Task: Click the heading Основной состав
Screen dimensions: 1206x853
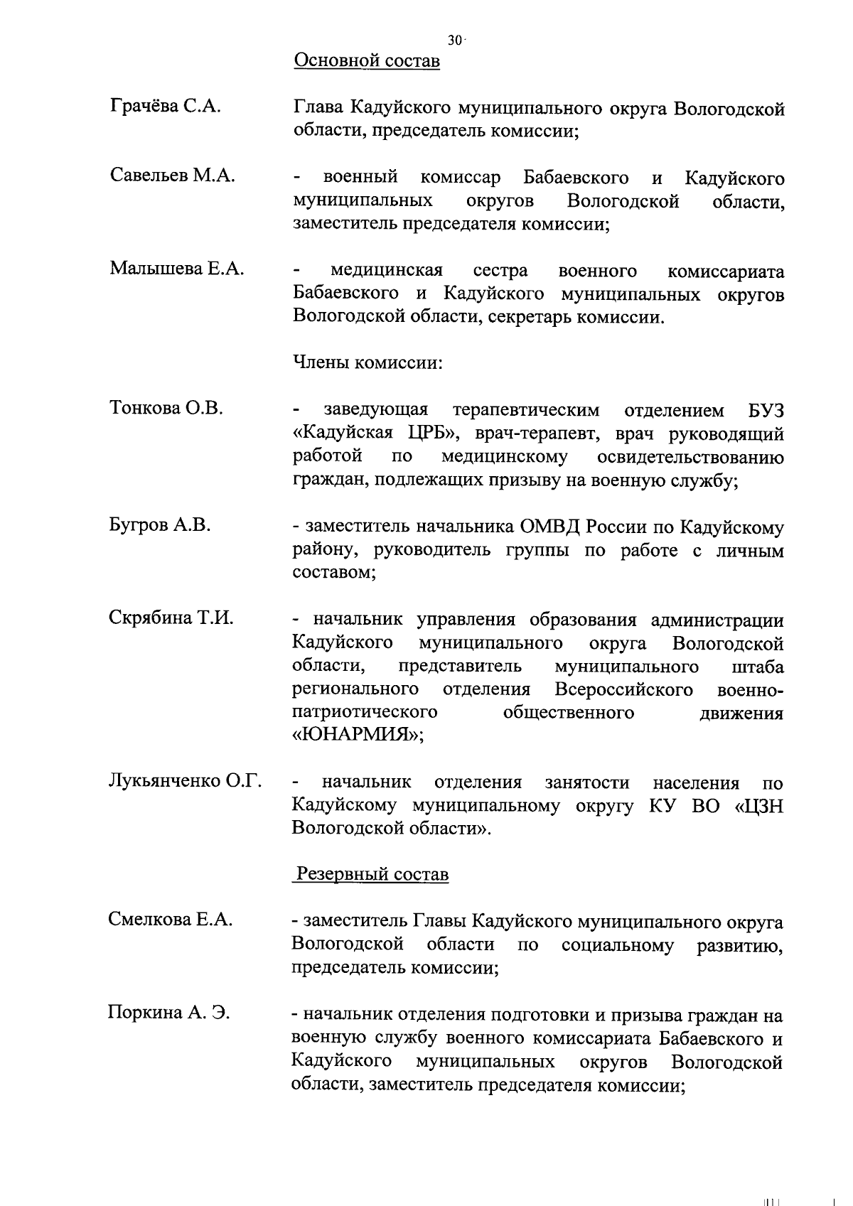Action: [x=367, y=61]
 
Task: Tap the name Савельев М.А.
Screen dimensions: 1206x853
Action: [x=172, y=176]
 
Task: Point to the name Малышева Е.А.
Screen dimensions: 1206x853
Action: [x=176, y=269]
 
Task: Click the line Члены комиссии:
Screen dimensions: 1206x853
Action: [x=368, y=362]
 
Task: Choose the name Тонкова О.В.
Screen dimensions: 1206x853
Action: [x=166, y=409]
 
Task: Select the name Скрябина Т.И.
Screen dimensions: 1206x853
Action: [x=171, y=618]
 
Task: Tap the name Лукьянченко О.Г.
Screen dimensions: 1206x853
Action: [x=185, y=781]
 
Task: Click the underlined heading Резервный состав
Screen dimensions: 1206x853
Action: [x=372, y=873]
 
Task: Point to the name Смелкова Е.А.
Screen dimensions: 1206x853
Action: [x=170, y=920]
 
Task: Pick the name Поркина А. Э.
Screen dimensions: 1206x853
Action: [x=168, y=1013]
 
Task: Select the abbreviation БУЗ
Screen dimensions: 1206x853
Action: [x=766, y=411]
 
